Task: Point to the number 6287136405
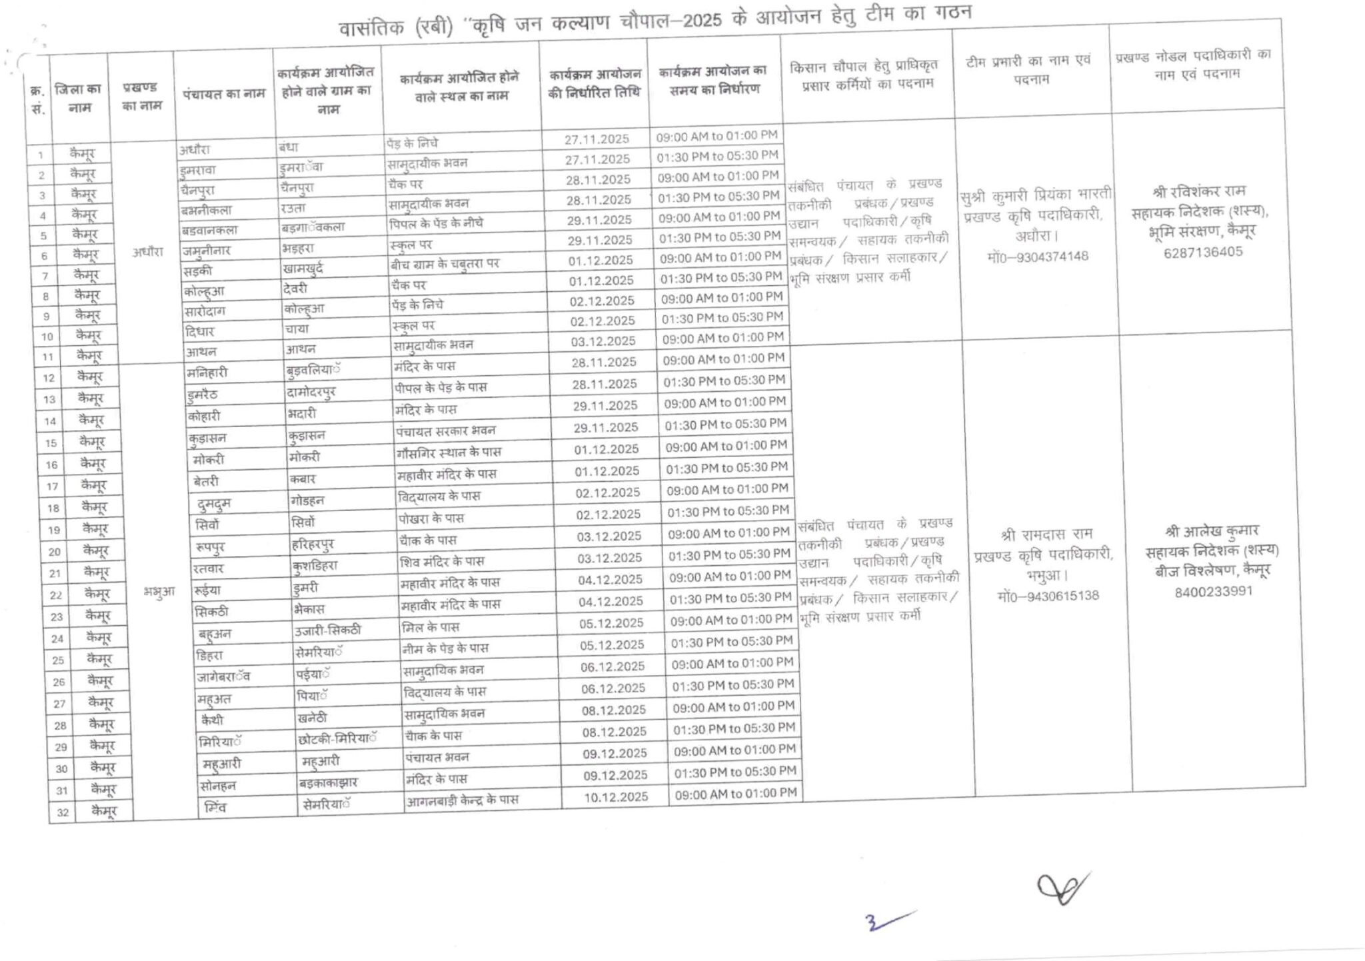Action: pyautogui.click(x=1203, y=252)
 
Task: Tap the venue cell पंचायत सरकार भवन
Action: pyautogui.click(x=446, y=431)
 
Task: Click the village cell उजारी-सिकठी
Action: pyautogui.click(x=327, y=630)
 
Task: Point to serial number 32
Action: pyautogui.click(x=62, y=812)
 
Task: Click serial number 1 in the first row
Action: pyautogui.click(x=41, y=155)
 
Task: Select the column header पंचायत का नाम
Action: pyautogui.click(x=224, y=94)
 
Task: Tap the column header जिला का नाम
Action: pyautogui.click(x=79, y=98)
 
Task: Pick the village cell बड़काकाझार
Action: pyautogui.click(x=329, y=782)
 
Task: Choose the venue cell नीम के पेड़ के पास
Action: pyautogui.click(x=445, y=648)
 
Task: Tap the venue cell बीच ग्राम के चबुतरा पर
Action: pyautogui.click(x=445, y=264)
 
